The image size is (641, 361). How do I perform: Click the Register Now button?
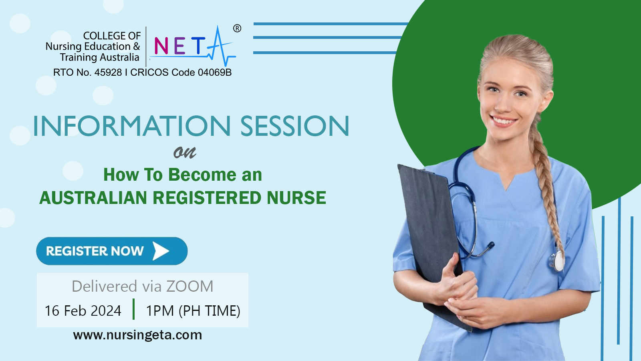click(112, 251)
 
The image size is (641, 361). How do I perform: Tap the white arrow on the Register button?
click(161, 251)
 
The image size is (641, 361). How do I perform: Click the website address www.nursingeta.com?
click(137, 335)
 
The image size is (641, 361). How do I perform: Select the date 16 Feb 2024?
click(83, 311)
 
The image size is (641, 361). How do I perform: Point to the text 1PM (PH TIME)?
click(193, 311)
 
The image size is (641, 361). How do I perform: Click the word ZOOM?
click(190, 286)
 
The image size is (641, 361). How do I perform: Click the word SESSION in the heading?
click(295, 126)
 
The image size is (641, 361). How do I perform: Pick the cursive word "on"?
click(185, 152)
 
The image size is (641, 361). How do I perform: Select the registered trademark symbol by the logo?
click(237, 28)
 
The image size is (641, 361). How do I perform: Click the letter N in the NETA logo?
click(161, 46)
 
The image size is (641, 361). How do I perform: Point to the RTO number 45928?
click(108, 73)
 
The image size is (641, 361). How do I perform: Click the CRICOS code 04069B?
click(215, 73)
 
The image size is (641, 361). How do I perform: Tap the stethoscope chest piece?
click(556, 260)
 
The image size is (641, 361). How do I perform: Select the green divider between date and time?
click(134, 309)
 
